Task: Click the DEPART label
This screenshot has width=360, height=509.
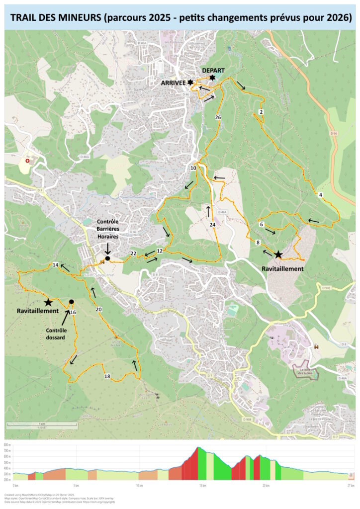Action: click(213, 70)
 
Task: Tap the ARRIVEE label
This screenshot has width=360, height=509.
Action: click(174, 83)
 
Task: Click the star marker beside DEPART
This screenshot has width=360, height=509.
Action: click(212, 78)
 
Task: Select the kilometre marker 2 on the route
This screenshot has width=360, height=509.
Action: click(261, 112)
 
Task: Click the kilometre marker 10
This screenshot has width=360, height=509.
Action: click(193, 169)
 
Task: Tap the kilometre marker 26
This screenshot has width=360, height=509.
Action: click(217, 117)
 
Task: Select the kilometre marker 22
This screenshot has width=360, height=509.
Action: click(133, 254)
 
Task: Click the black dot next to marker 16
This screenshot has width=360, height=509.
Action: click(72, 302)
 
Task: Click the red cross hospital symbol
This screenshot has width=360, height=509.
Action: click(27, 162)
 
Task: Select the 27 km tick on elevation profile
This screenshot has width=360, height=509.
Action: click(351, 485)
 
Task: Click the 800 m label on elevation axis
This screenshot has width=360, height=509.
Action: click(7, 445)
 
